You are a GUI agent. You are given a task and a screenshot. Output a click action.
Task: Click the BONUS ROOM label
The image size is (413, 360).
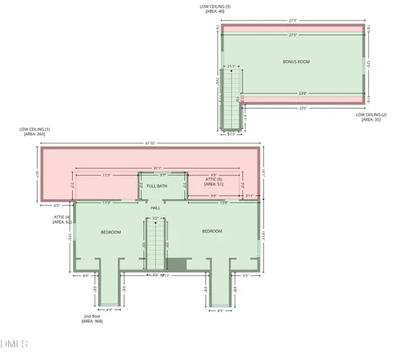[x=295, y=62]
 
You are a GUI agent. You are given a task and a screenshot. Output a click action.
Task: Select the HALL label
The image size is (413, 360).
[x=156, y=208]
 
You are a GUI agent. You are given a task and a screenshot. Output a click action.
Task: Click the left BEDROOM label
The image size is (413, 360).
[x=110, y=232]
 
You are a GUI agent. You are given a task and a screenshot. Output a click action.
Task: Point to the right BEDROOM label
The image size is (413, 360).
[x=212, y=231]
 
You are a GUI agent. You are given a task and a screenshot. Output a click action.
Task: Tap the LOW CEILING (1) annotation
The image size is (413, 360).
[x=35, y=132]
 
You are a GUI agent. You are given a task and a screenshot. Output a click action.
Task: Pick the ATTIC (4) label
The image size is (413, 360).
[x=62, y=219]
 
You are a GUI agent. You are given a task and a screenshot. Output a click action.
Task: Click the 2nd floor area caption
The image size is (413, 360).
[x=92, y=318]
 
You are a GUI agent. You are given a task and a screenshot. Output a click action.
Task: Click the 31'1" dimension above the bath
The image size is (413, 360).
[x=158, y=167]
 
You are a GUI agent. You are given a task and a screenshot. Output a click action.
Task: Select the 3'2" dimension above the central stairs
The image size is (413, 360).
[x=156, y=217]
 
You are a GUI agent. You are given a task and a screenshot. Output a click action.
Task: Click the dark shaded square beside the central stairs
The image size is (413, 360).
[x=177, y=265]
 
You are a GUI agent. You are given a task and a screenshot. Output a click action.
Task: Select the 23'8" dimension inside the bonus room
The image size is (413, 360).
[x=302, y=94]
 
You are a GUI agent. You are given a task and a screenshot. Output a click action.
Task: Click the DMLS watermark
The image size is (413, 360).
[x=14, y=344]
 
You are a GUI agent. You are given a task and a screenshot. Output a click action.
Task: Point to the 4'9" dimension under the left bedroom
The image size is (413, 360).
[x=86, y=276]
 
